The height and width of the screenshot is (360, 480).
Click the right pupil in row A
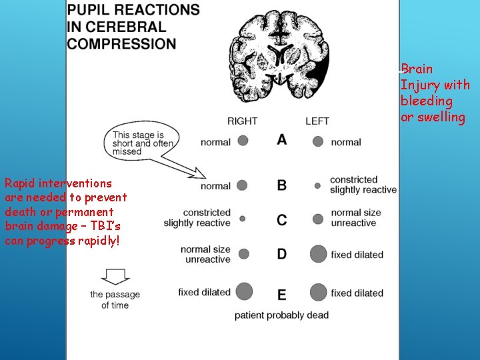coord(243,141)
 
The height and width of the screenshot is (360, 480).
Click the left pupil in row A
coord(318,141)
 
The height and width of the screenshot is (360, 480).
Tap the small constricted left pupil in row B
coord(317,185)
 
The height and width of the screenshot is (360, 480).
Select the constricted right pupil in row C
coord(243,218)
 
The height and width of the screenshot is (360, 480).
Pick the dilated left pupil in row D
coord(319,254)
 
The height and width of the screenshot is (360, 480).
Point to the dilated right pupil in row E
coord(244,291)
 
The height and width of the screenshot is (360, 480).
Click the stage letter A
coord(282,140)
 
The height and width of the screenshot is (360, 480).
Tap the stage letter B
coord(282,185)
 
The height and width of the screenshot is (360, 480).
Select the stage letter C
coord(282,219)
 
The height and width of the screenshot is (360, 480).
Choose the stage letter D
coord(282,254)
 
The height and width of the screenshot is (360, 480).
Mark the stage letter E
coord(282,294)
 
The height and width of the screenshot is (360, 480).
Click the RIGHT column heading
coord(242,121)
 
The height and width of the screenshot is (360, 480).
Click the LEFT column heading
coord(317,121)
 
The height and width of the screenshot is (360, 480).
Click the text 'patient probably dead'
coord(281,315)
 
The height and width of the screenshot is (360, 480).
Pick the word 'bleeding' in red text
coord(427,101)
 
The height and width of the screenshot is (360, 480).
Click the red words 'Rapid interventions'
coord(59,183)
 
